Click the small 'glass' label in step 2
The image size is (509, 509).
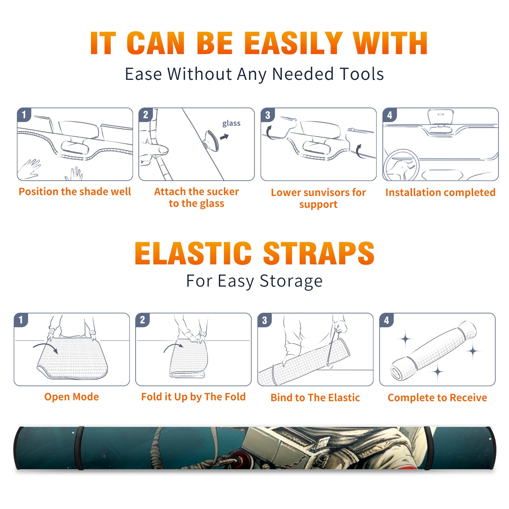pyautogui.click(x=231, y=123)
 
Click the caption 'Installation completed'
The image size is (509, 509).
pyautogui.click(x=440, y=192)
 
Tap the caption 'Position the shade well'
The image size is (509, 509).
pyautogui.click(x=75, y=192)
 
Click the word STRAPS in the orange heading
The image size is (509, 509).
pyautogui.click(x=319, y=253)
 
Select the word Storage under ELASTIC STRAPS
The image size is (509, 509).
pyautogui.click(x=291, y=281)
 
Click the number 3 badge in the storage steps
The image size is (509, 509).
pyautogui.click(x=265, y=320)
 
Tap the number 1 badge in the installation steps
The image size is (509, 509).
pyautogui.click(x=24, y=115)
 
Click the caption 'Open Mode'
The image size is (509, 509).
pyautogui.click(x=72, y=397)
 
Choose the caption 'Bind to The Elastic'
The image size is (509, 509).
pyautogui.click(x=315, y=398)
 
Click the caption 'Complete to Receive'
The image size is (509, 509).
pyautogui.click(x=437, y=398)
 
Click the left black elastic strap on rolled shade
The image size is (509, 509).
pyautogui.click(x=79, y=448)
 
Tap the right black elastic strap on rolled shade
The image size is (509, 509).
pyautogui.click(x=429, y=448)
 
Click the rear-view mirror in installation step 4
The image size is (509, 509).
pyautogui.click(x=441, y=117)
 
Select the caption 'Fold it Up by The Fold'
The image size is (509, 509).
pyautogui.click(x=193, y=397)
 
